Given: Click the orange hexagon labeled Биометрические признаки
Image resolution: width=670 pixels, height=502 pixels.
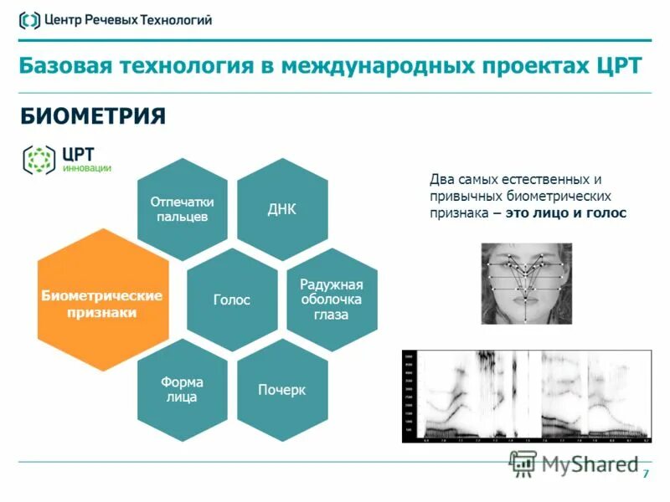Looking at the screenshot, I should tap(102, 299).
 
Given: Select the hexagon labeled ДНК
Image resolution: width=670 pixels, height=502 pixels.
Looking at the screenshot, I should tap(281, 208).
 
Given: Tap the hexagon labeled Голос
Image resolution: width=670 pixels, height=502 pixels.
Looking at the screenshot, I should tap(232, 299).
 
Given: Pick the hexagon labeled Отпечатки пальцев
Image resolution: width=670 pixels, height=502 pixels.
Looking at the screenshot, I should tap(183, 208).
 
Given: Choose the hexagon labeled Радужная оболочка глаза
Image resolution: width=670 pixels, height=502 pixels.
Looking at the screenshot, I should tap(331, 300).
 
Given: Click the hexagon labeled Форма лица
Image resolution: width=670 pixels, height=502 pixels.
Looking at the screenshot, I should tap(183, 389).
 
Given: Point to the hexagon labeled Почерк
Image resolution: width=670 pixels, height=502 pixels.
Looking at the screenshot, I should tap(281, 390).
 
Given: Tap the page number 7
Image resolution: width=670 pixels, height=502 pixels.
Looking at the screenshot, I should tap(645, 475).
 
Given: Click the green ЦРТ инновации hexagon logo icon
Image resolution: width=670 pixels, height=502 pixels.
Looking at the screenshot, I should tap(39, 159).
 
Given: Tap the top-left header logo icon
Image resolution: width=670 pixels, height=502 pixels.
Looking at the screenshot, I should tap(29, 20).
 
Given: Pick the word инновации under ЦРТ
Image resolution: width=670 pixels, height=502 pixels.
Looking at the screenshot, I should tap(87, 166).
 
